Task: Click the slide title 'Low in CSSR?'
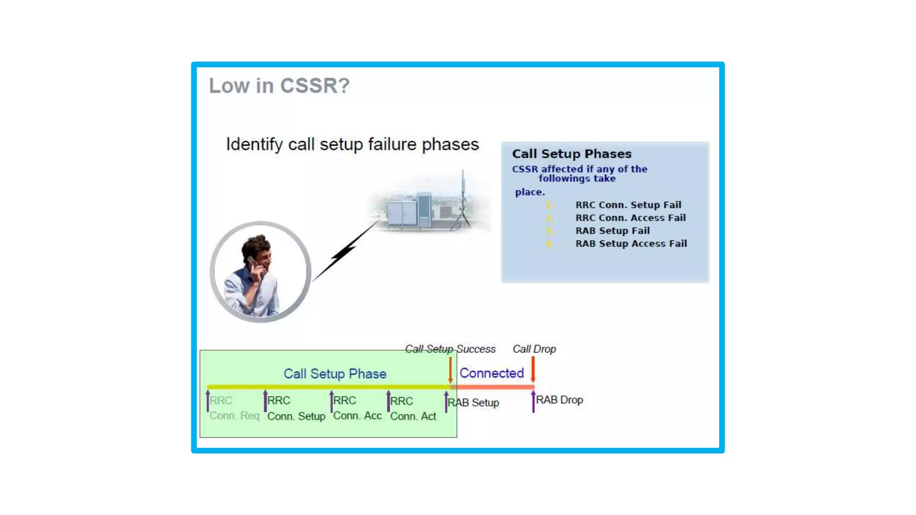pos(279,85)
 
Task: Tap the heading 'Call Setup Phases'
pos(572,154)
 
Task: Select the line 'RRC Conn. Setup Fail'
pos(628,205)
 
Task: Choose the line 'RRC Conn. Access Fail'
pos(630,218)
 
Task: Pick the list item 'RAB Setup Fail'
pos(612,231)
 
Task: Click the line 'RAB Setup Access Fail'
pos(631,244)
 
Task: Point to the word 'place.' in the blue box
pos(530,192)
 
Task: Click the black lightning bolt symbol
pos(344,253)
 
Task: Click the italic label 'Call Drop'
pos(534,349)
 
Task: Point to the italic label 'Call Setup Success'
pos(450,349)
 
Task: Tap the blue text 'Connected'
pos(492,373)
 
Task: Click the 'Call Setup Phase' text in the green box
pos(335,374)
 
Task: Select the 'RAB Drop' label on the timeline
pos(559,400)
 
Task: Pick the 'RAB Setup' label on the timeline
pos(474,403)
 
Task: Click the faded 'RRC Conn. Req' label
pos(234,408)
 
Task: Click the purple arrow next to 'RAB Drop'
pos(533,401)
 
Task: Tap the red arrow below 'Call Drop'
pos(533,369)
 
